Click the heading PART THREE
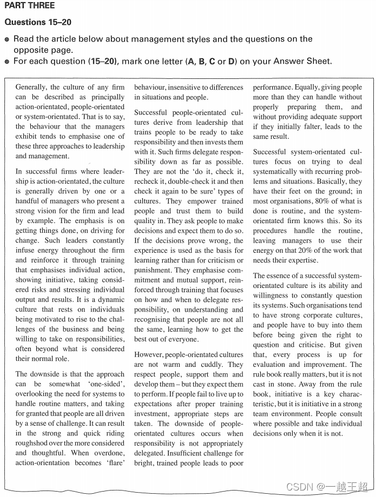[30, 6]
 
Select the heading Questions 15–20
[38, 22]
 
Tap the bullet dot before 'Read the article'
[7, 39]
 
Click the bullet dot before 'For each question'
[7, 62]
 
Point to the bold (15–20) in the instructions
[103, 61]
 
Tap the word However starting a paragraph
[150, 355]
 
